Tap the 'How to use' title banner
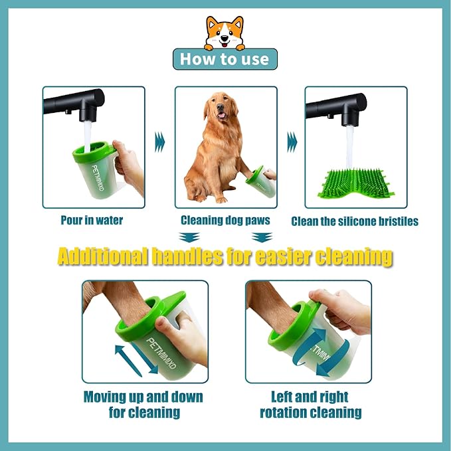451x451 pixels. pos(225,59)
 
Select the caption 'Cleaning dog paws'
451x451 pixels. pos(225,220)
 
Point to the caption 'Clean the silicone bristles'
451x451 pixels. pos(355,221)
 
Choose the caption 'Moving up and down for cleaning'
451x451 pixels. pos(143,405)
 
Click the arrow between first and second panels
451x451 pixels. pos(159,141)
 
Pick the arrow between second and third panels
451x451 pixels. pos(291,141)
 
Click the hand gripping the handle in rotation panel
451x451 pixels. pos(341,309)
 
